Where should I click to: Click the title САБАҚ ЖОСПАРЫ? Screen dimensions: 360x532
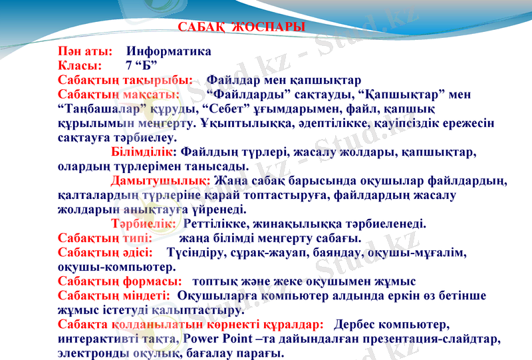click(242, 27)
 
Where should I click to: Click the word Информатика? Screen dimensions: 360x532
click(169, 51)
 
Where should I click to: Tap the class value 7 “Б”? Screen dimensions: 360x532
click(141, 66)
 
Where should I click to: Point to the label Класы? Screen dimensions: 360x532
click(80, 66)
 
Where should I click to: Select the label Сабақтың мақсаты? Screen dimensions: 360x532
click(118, 94)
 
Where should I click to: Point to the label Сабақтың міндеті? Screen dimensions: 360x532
click(115, 295)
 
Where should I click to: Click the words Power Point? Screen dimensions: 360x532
click(219, 339)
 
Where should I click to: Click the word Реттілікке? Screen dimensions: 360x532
click(215, 224)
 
